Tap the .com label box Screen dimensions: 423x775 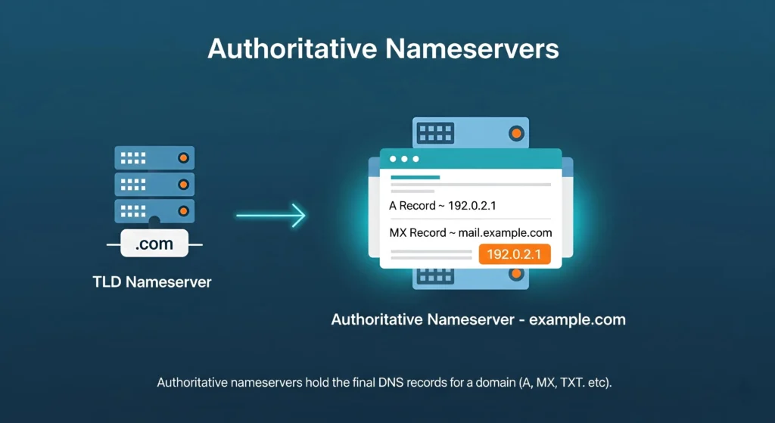[x=154, y=244]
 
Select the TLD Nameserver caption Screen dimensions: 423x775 [x=151, y=282]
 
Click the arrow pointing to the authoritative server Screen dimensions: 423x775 [x=270, y=216]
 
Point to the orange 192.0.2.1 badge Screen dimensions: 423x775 [x=514, y=254]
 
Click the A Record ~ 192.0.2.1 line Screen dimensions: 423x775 [x=442, y=205]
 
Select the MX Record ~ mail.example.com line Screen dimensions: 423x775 [x=470, y=232]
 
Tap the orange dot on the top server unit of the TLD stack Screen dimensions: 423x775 [x=182, y=158]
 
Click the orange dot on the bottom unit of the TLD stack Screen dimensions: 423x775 [x=182, y=210]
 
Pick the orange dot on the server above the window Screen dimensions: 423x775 [x=516, y=134]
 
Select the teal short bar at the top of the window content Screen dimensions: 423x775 [x=415, y=177]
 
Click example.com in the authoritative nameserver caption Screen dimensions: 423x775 [x=577, y=319]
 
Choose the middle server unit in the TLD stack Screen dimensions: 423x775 [x=154, y=184]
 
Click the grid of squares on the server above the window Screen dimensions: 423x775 [x=435, y=133]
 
